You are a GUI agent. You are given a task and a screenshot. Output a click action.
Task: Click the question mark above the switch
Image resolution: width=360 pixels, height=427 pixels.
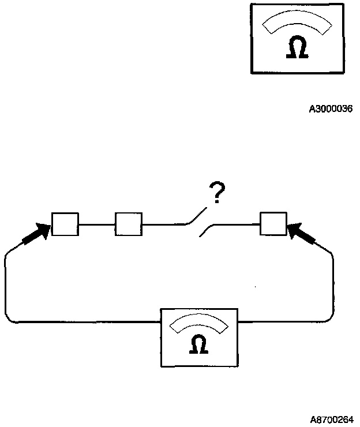coord(217,195)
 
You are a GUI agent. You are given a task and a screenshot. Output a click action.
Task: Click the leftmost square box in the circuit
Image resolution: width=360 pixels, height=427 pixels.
coord(65,224)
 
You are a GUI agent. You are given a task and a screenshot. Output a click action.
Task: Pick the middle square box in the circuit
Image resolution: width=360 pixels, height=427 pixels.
coord(129,224)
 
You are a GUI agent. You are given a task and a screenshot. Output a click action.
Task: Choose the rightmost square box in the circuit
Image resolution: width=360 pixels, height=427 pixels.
coord(273,224)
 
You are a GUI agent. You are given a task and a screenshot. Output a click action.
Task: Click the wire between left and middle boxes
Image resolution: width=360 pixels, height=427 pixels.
coord(97,224)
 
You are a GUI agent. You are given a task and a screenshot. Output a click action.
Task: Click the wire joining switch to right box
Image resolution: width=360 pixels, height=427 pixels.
coord(234,224)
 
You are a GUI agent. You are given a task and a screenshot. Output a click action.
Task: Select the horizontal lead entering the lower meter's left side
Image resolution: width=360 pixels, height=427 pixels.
coord(87,321)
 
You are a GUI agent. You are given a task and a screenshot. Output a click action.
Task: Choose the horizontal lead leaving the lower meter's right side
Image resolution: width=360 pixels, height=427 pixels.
coord(283,321)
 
